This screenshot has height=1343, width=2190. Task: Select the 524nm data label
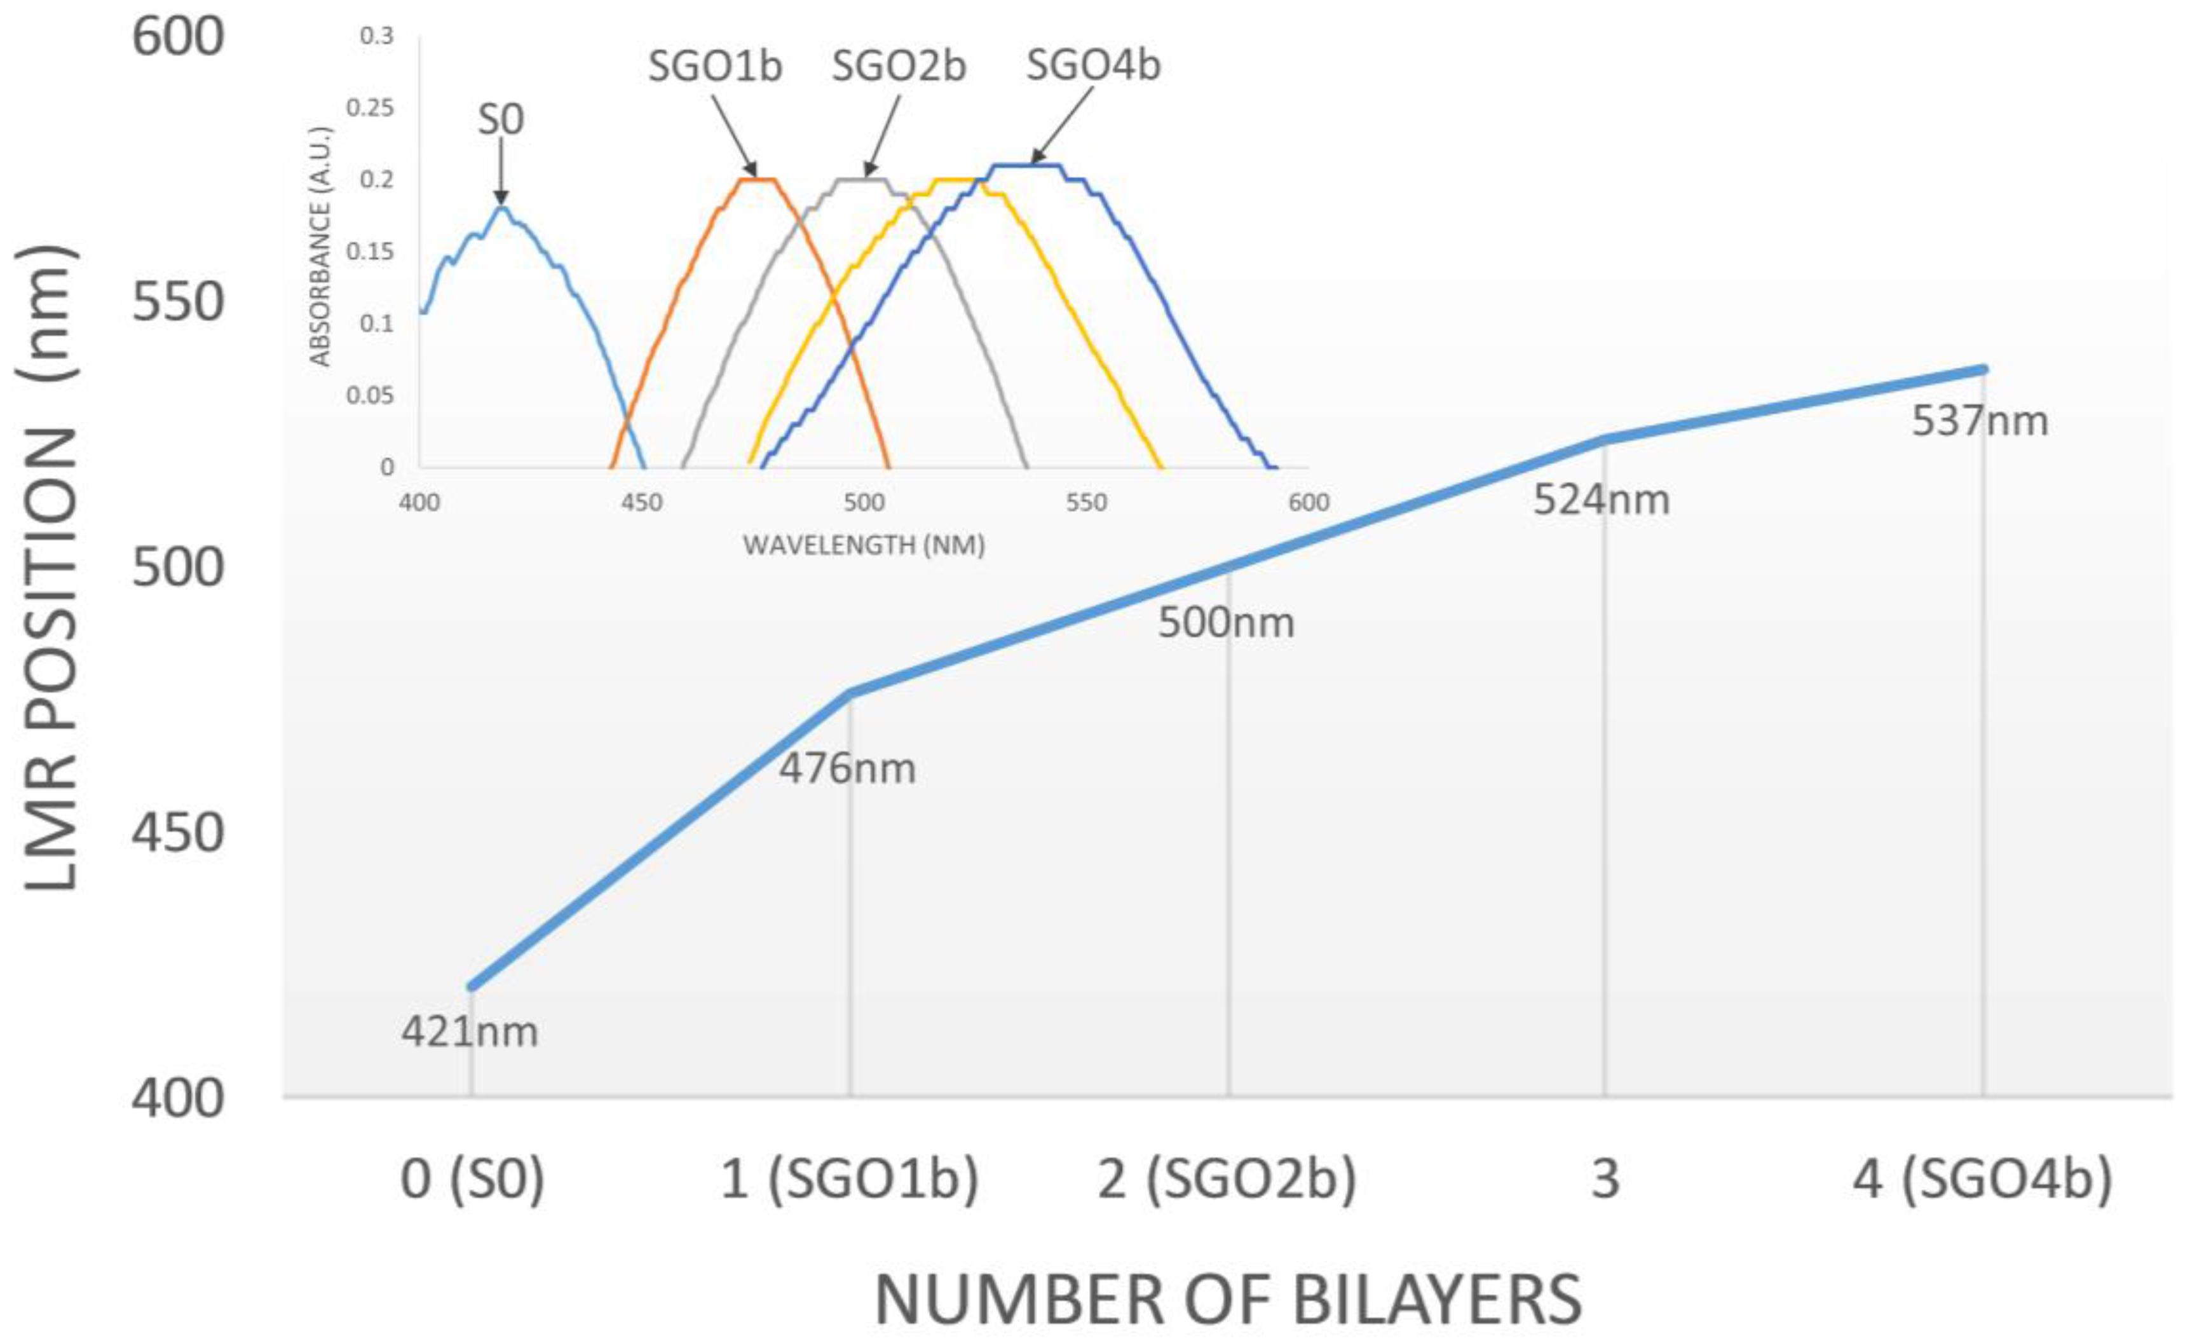[x=1601, y=500]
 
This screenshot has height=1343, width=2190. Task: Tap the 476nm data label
[x=847, y=768]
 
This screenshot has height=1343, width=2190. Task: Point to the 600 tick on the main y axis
[x=178, y=37]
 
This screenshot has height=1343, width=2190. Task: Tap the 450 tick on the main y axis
[x=178, y=834]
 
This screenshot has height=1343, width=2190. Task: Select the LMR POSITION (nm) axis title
[x=51, y=569]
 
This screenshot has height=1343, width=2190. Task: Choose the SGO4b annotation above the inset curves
[x=1093, y=65]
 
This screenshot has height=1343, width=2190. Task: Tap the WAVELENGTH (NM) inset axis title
[x=863, y=545]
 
